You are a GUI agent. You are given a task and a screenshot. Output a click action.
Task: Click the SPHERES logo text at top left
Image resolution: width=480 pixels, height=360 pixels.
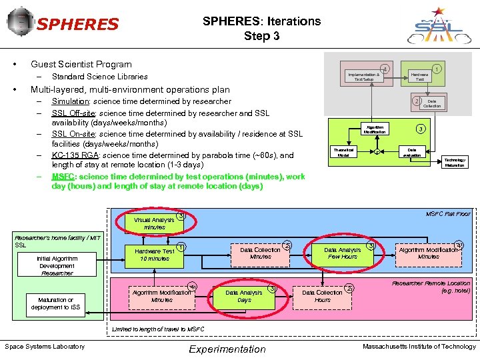coord(77,25)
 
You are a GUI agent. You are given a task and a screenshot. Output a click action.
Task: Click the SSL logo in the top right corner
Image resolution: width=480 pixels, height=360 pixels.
coord(438,25)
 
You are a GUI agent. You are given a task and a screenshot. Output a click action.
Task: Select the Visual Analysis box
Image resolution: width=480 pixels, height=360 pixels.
coord(154,223)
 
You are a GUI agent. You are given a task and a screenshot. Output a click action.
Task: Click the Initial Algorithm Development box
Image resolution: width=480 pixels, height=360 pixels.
coord(57,265)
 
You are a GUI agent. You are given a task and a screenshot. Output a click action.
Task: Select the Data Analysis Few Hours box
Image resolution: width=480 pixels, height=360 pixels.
coord(342,253)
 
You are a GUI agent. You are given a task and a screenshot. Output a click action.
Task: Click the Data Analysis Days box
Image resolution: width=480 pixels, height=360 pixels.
coord(244,296)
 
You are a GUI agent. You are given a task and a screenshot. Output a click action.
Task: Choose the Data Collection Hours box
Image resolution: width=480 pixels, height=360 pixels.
coord(322,296)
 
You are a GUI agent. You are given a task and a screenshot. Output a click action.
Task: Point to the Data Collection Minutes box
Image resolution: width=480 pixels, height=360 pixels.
coord(260,253)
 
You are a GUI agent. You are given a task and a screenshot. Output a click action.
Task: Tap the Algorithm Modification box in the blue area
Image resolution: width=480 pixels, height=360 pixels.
coord(428,253)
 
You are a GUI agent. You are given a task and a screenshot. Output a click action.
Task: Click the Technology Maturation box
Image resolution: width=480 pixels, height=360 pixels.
coord(455,162)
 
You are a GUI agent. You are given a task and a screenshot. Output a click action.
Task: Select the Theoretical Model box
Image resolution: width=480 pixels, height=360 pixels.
coord(343,153)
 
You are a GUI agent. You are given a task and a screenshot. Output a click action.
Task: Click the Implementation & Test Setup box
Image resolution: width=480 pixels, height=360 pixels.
coord(363,77)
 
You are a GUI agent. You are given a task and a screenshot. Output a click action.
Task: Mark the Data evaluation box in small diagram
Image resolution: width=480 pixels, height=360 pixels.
coord(412,153)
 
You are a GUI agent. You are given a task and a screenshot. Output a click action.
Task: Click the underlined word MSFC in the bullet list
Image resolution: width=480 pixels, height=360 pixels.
coord(63,177)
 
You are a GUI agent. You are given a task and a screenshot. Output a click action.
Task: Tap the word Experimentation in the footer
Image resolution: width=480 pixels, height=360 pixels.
coord(227,349)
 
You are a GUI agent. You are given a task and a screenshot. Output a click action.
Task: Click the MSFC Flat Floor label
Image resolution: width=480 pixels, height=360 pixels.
coord(447,214)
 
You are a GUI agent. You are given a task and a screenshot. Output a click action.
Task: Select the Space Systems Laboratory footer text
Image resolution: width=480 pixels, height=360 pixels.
coord(45,346)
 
